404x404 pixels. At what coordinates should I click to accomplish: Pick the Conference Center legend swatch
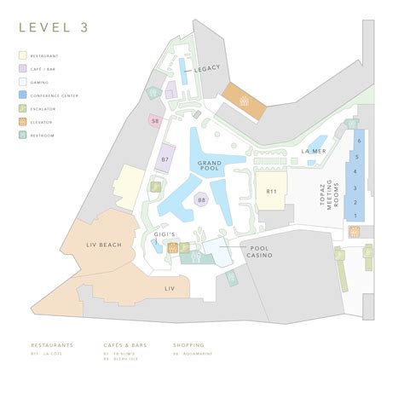pos(23,95)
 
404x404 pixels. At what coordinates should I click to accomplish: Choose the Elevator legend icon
pos(23,123)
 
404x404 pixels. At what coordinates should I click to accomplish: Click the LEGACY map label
pos(207,67)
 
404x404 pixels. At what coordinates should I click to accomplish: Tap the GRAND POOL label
pos(210,165)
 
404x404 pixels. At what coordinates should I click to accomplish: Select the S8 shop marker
pos(154,122)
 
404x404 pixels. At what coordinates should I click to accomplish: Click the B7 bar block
pos(166,158)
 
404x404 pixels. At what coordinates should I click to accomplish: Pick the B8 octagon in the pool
pos(201,200)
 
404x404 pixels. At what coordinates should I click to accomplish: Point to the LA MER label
pos(313,151)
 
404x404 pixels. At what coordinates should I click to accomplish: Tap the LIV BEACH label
pos(104,245)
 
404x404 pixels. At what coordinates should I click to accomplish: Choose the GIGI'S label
pos(164,233)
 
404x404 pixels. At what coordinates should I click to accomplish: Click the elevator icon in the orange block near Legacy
pos(244,101)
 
